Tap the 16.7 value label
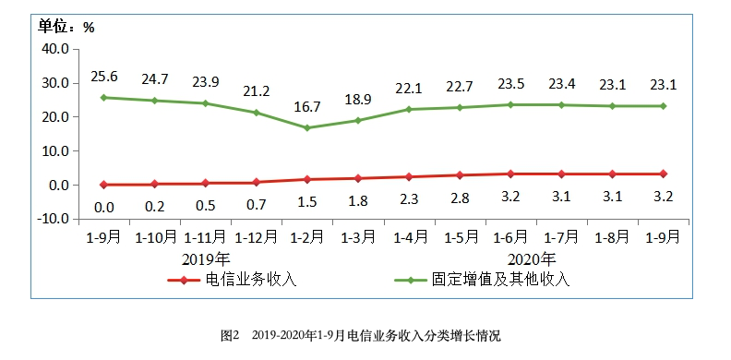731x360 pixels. [x=306, y=107]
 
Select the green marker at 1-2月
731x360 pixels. [x=306, y=128]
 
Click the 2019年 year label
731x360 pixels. [x=206, y=258]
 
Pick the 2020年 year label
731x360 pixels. [x=533, y=258]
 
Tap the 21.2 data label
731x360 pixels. [x=256, y=90]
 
